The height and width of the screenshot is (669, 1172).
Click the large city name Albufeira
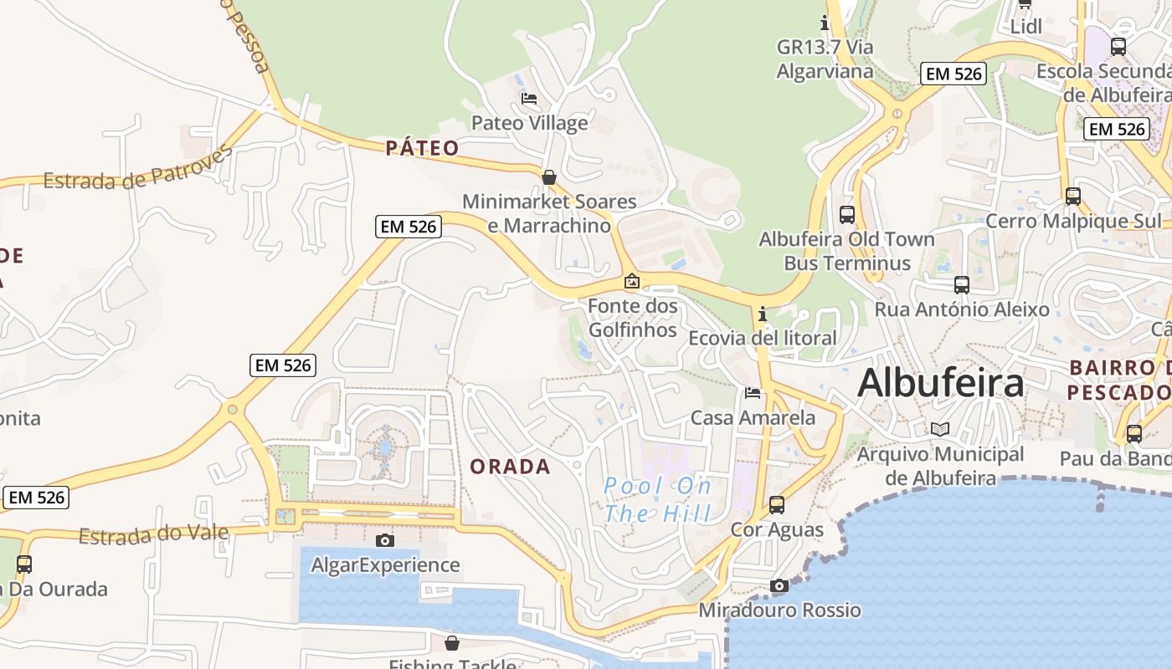(x=940, y=383)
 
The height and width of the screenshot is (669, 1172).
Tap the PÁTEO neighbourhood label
(x=423, y=148)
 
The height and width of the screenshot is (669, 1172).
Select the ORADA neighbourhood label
(x=510, y=467)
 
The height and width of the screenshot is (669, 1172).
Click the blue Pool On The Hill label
(x=658, y=499)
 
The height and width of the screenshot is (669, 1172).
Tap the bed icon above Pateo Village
(x=529, y=99)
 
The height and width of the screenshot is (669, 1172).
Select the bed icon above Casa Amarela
(x=753, y=392)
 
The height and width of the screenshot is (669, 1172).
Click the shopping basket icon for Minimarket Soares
(x=549, y=177)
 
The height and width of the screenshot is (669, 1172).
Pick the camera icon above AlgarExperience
(x=385, y=540)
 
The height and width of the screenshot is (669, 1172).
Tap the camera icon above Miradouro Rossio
(x=779, y=585)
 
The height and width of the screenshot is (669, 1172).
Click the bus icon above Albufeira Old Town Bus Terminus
(x=846, y=214)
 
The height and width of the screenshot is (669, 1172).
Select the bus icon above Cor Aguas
(x=777, y=504)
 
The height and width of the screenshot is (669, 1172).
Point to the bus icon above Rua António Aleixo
(x=961, y=284)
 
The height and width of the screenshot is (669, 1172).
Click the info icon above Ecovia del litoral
(x=762, y=314)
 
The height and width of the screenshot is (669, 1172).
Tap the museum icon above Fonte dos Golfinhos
(x=632, y=281)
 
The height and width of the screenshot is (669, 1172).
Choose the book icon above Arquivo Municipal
(x=941, y=429)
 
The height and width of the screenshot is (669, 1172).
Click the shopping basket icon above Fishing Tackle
(x=452, y=643)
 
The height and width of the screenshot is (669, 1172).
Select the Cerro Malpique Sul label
(x=1074, y=221)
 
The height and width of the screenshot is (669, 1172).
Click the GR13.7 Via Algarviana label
(x=825, y=59)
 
